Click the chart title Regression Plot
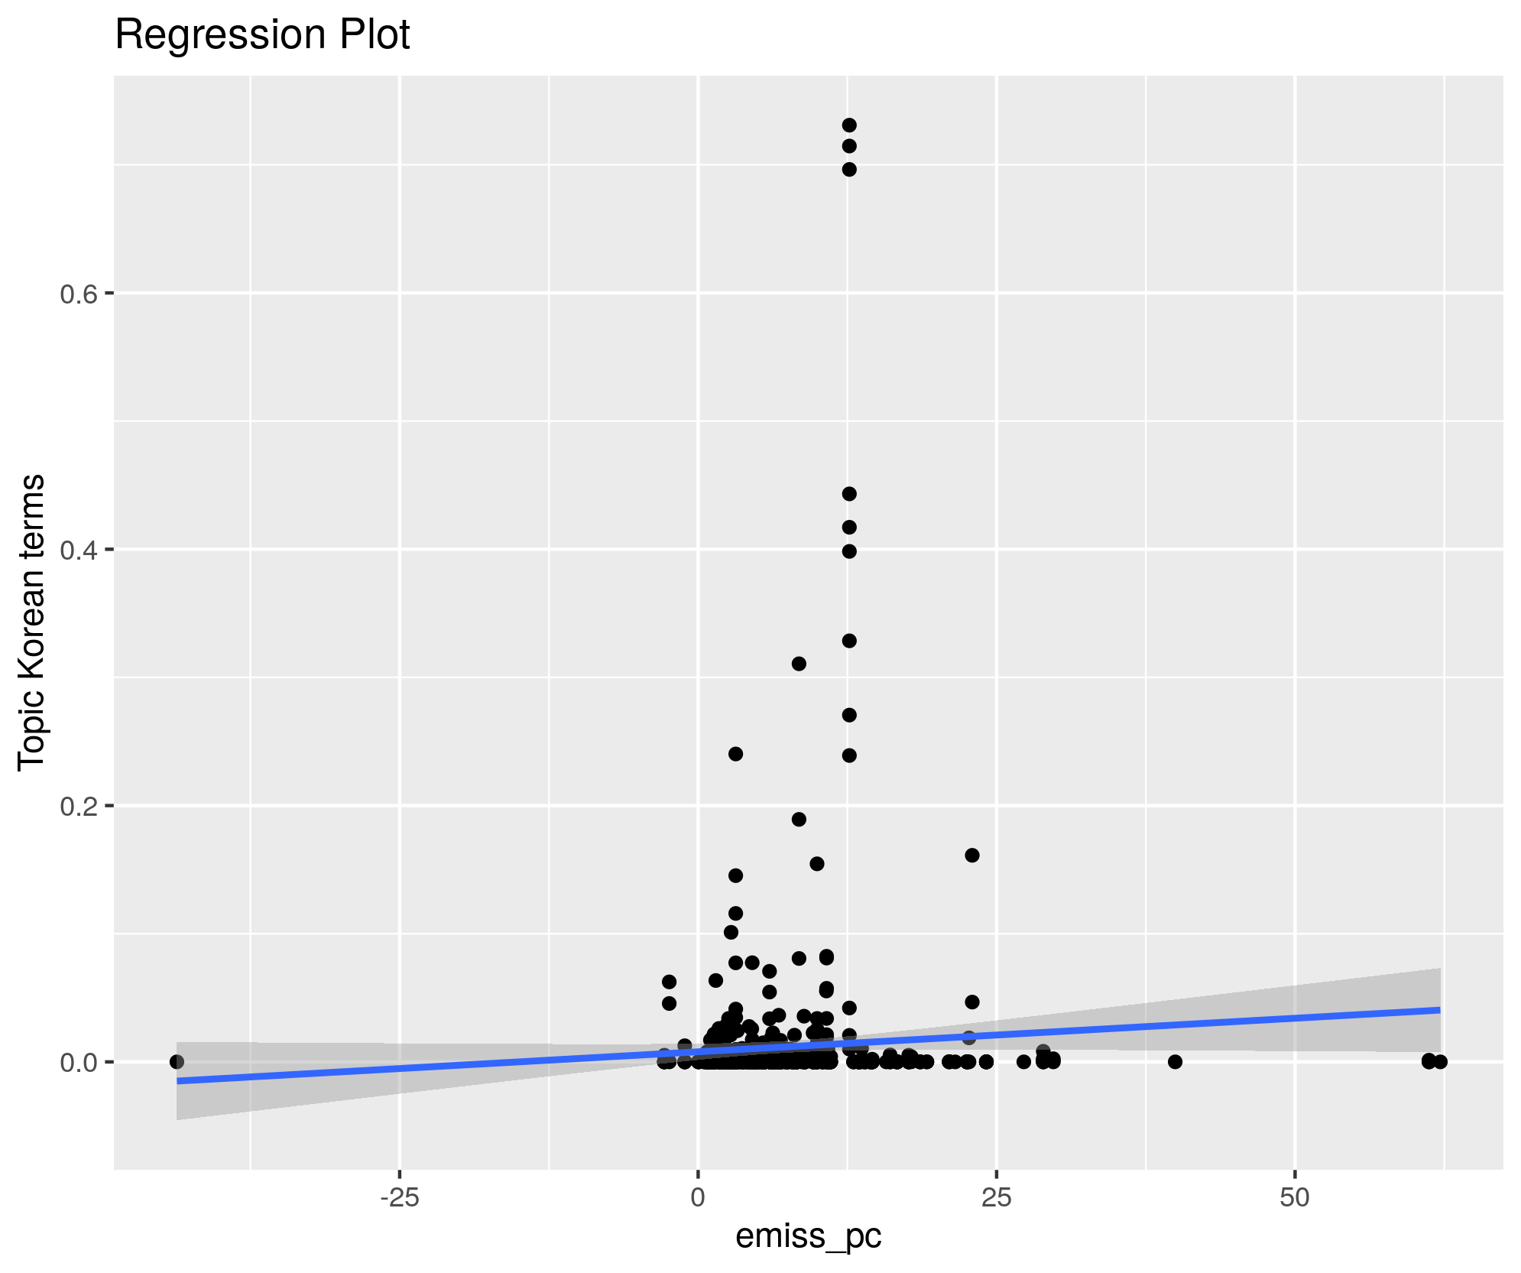click(x=262, y=35)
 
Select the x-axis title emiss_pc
click(x=808, y=1236)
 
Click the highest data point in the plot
click(x=848, y=125)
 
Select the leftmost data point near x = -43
click(x=177, y=1061)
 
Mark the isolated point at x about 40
click(x=1175, y=1061)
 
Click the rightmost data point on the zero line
click(x=1440, y=1061)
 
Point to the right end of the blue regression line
click(x=1439, y=1010)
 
